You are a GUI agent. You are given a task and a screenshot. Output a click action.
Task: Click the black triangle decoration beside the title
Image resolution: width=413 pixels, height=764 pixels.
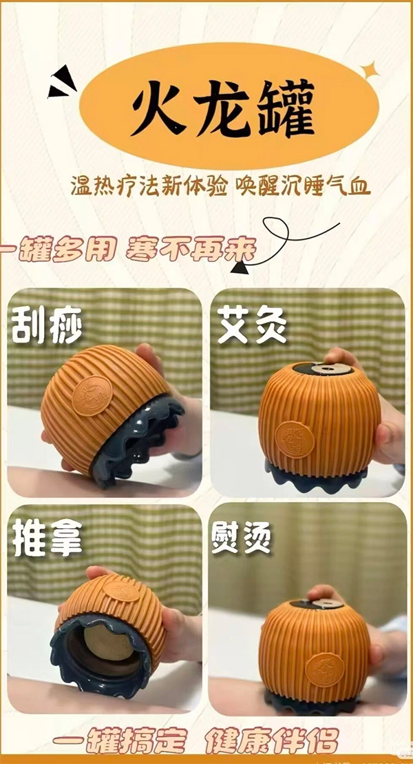click(x=62, y=83)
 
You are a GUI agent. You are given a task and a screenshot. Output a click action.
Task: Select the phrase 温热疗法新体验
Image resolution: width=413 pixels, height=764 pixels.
click(x=149, y=187)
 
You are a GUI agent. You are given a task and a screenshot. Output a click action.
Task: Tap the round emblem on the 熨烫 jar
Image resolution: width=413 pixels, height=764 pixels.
click(x=324, y=668)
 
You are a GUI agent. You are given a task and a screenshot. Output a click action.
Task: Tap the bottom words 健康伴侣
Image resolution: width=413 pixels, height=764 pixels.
click(x=272, y=744)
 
